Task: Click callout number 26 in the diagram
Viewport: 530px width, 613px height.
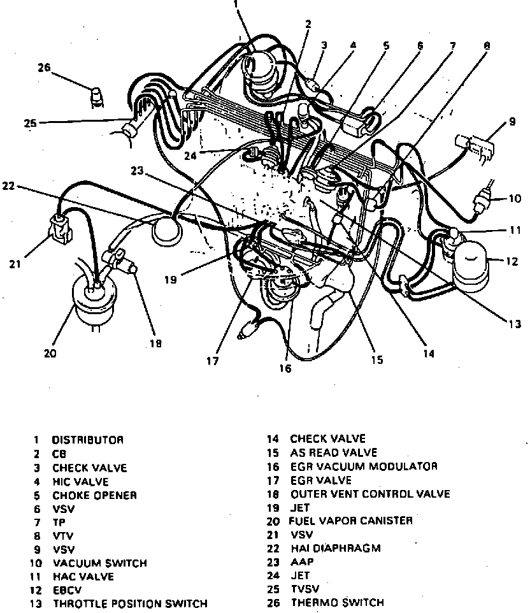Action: (44, 69)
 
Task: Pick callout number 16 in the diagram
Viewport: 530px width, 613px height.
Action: (284, 368)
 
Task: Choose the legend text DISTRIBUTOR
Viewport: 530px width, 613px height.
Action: (87, 440)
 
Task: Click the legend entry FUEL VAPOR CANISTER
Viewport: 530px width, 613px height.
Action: (351, 521)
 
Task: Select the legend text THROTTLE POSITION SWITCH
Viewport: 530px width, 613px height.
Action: (130, 603)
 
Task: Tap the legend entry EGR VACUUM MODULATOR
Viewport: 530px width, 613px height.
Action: (364, 466)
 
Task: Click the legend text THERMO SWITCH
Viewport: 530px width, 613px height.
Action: (338, 603)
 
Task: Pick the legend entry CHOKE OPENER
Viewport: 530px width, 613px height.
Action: (94, 494)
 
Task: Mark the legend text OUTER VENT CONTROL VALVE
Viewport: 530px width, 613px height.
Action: (370, 494)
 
